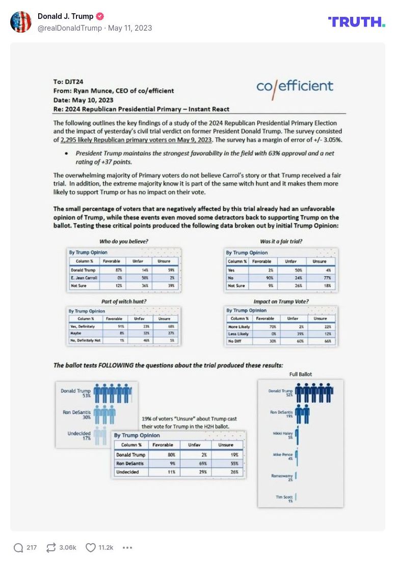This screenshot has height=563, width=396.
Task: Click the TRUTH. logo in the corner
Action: click(356, 21)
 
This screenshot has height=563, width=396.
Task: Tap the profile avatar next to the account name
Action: click(21, 22)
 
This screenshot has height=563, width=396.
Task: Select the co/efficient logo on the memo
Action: click(295, 86)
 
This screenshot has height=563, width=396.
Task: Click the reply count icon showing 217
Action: click(18, 548)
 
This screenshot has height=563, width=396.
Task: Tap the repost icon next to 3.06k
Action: click(50, 548)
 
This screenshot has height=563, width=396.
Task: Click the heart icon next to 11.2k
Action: click(90, 548)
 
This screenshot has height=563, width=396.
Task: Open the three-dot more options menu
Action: click(127, 548)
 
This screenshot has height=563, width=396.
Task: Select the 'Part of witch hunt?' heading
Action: click(124, 302)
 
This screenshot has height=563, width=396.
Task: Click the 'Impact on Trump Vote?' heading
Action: click(281, 302)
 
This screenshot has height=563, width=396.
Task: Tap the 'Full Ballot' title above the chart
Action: click(301, 374)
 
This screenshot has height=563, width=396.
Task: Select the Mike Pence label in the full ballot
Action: click(283, 456)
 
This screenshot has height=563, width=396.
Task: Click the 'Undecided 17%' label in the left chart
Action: click(80, 435)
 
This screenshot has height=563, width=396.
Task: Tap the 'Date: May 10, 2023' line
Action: click(84, 100)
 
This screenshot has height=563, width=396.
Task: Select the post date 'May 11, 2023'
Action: click(130, 28)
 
